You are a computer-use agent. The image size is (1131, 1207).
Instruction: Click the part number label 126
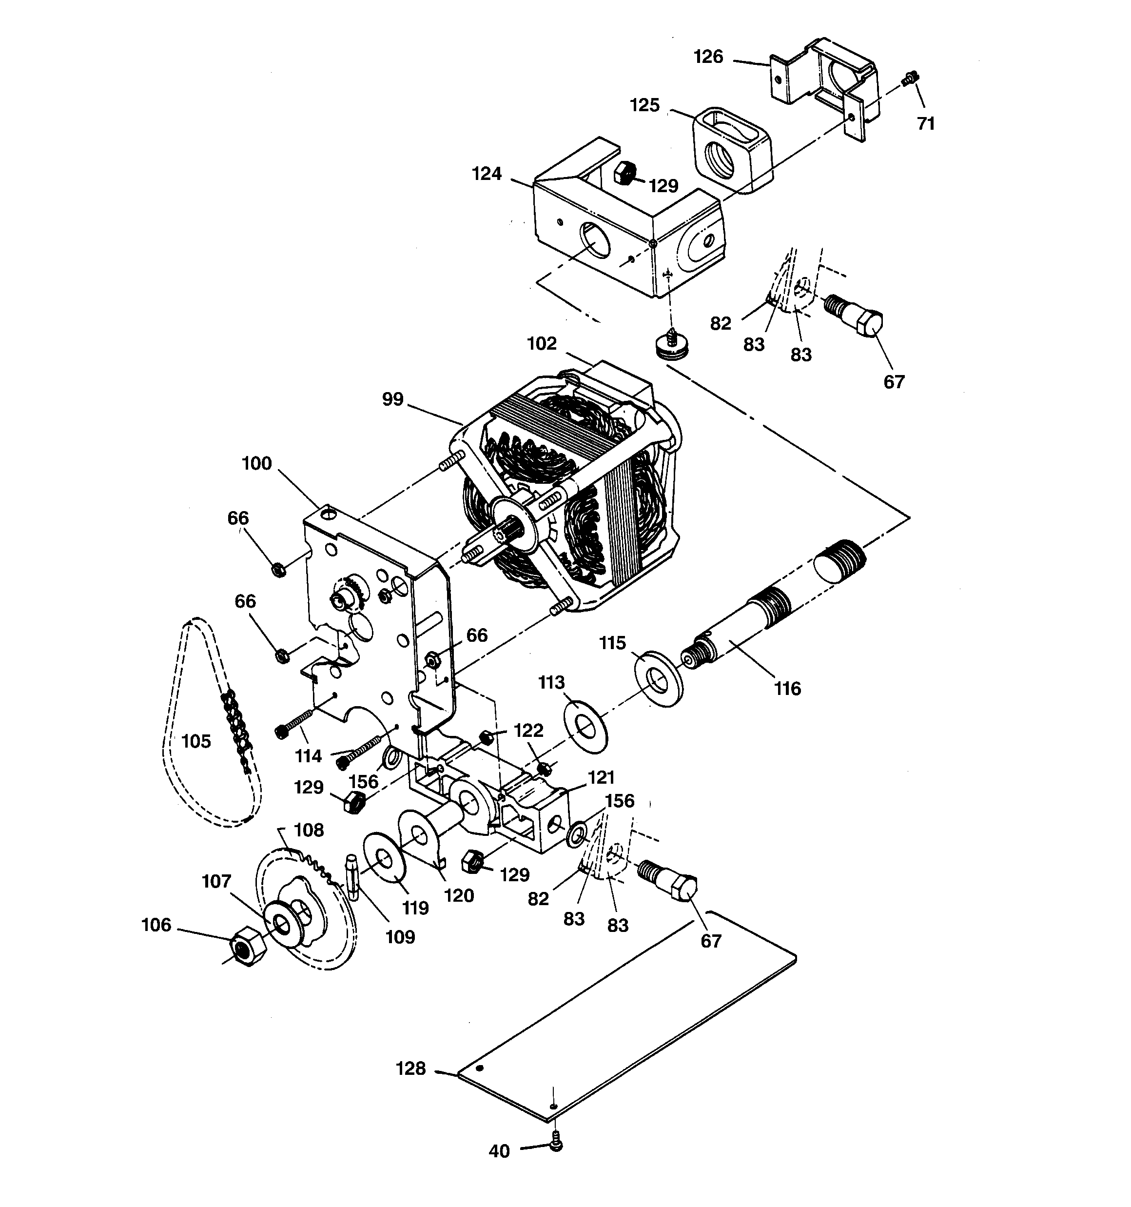[708, 57]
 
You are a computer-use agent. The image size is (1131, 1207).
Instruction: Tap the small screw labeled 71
[909, 79]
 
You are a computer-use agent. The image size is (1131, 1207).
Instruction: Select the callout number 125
[645, 106]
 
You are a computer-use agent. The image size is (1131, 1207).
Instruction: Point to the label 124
[487, 174]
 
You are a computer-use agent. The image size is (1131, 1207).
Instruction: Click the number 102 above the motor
[542, 344]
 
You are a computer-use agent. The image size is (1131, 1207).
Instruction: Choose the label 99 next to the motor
[393, 399]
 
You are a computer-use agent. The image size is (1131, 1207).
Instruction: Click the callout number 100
[256, 464]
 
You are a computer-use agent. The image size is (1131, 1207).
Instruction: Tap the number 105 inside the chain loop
[196, 741]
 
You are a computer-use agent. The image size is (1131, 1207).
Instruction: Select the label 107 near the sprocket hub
[217, 882]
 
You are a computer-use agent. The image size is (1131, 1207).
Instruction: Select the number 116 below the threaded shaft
[787, 689]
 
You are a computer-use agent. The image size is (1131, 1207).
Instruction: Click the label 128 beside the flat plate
[411, 1068]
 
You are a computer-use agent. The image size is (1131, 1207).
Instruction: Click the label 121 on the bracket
[601, 778]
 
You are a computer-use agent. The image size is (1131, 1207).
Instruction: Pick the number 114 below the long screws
[309, 756]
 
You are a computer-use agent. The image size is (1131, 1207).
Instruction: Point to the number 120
[458, 895]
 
